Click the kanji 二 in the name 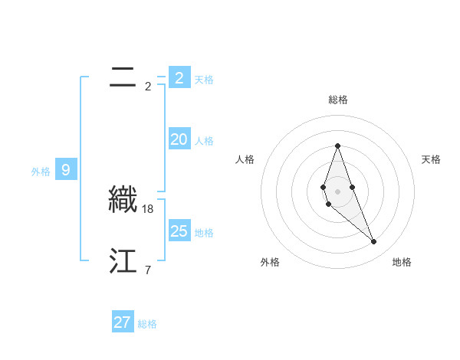[123, 77]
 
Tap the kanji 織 [123, 199]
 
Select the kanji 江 [123, 261]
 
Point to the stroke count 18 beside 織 [148, 208]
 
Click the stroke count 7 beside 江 [148, 270]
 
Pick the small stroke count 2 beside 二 [148, 86]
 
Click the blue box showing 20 [179, 139]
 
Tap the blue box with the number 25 [179, 231]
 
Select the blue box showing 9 [66, 170]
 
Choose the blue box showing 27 [123, 322]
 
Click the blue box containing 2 [179, 77]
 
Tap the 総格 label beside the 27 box [147, 324]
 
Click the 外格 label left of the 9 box [41, 172]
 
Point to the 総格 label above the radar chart [338, 100]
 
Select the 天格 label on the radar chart [432, 159]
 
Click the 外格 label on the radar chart [270, 262]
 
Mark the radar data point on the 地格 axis [373, 242]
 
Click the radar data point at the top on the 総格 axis [337, 146]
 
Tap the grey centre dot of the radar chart [337, 191]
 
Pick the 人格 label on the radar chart [245, 159]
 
